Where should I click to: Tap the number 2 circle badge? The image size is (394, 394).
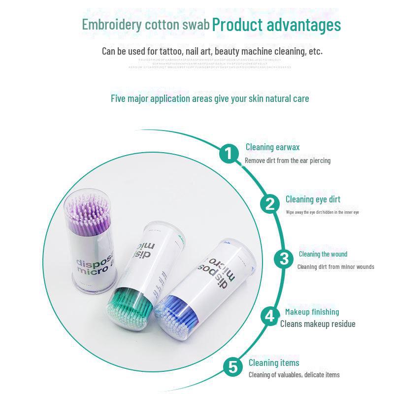pos(270,204)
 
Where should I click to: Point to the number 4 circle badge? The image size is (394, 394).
pos(269,316)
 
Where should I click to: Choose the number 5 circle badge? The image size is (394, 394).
pos(233,367)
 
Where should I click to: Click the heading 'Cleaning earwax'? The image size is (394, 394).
pos(272,147)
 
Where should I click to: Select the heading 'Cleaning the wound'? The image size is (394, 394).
pos(323,254)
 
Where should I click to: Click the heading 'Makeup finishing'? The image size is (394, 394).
pos(312,312)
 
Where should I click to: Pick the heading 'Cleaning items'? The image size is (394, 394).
pos(273,363)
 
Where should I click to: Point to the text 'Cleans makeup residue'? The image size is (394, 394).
pos(318,324)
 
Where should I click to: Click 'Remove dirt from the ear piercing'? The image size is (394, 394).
pos(288,161)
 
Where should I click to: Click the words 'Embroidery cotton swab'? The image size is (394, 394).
pos(146,25)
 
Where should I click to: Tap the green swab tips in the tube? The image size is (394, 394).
pos(129,307)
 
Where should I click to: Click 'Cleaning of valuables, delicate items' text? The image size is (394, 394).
pos(294,375)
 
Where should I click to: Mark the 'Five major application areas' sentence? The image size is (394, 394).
pos(210,98)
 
